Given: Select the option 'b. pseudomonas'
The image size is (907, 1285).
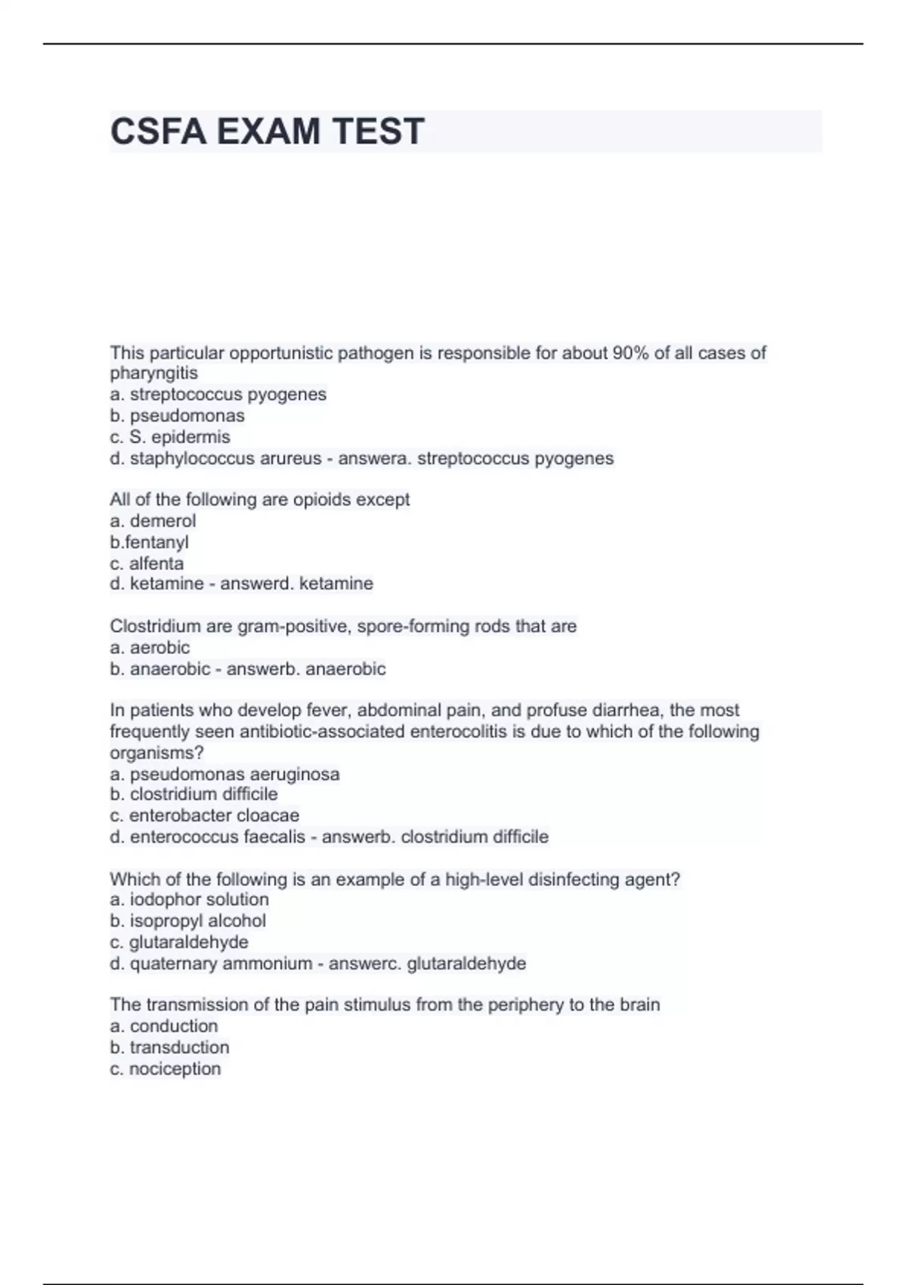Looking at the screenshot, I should tap(178, 416).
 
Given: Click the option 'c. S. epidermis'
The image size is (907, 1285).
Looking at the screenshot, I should tap(170, 437).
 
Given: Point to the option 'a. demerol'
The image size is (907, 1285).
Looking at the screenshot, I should tap(153, 521).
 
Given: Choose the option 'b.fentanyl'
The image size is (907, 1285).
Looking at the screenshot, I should tap(149, 542).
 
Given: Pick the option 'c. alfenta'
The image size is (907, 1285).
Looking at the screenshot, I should tap(147, 563).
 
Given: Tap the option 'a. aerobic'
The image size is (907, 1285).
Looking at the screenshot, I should tap(150, 647).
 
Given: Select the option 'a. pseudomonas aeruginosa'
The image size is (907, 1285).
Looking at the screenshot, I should tap(224, 774).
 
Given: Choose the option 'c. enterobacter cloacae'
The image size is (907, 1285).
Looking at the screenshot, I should tap(205, 816).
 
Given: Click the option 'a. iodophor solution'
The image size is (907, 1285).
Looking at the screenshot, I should tap(190, 899).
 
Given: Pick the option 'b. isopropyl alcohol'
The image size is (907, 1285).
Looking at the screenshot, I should tap(188, 921).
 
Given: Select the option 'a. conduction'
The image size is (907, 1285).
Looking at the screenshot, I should tap(164, 1026).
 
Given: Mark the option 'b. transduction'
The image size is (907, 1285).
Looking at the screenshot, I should tap(169, 1047).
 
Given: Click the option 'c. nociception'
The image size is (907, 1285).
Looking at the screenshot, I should tap(166, 1069).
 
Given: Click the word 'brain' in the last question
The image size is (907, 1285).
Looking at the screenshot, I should tap(639, 1005).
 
